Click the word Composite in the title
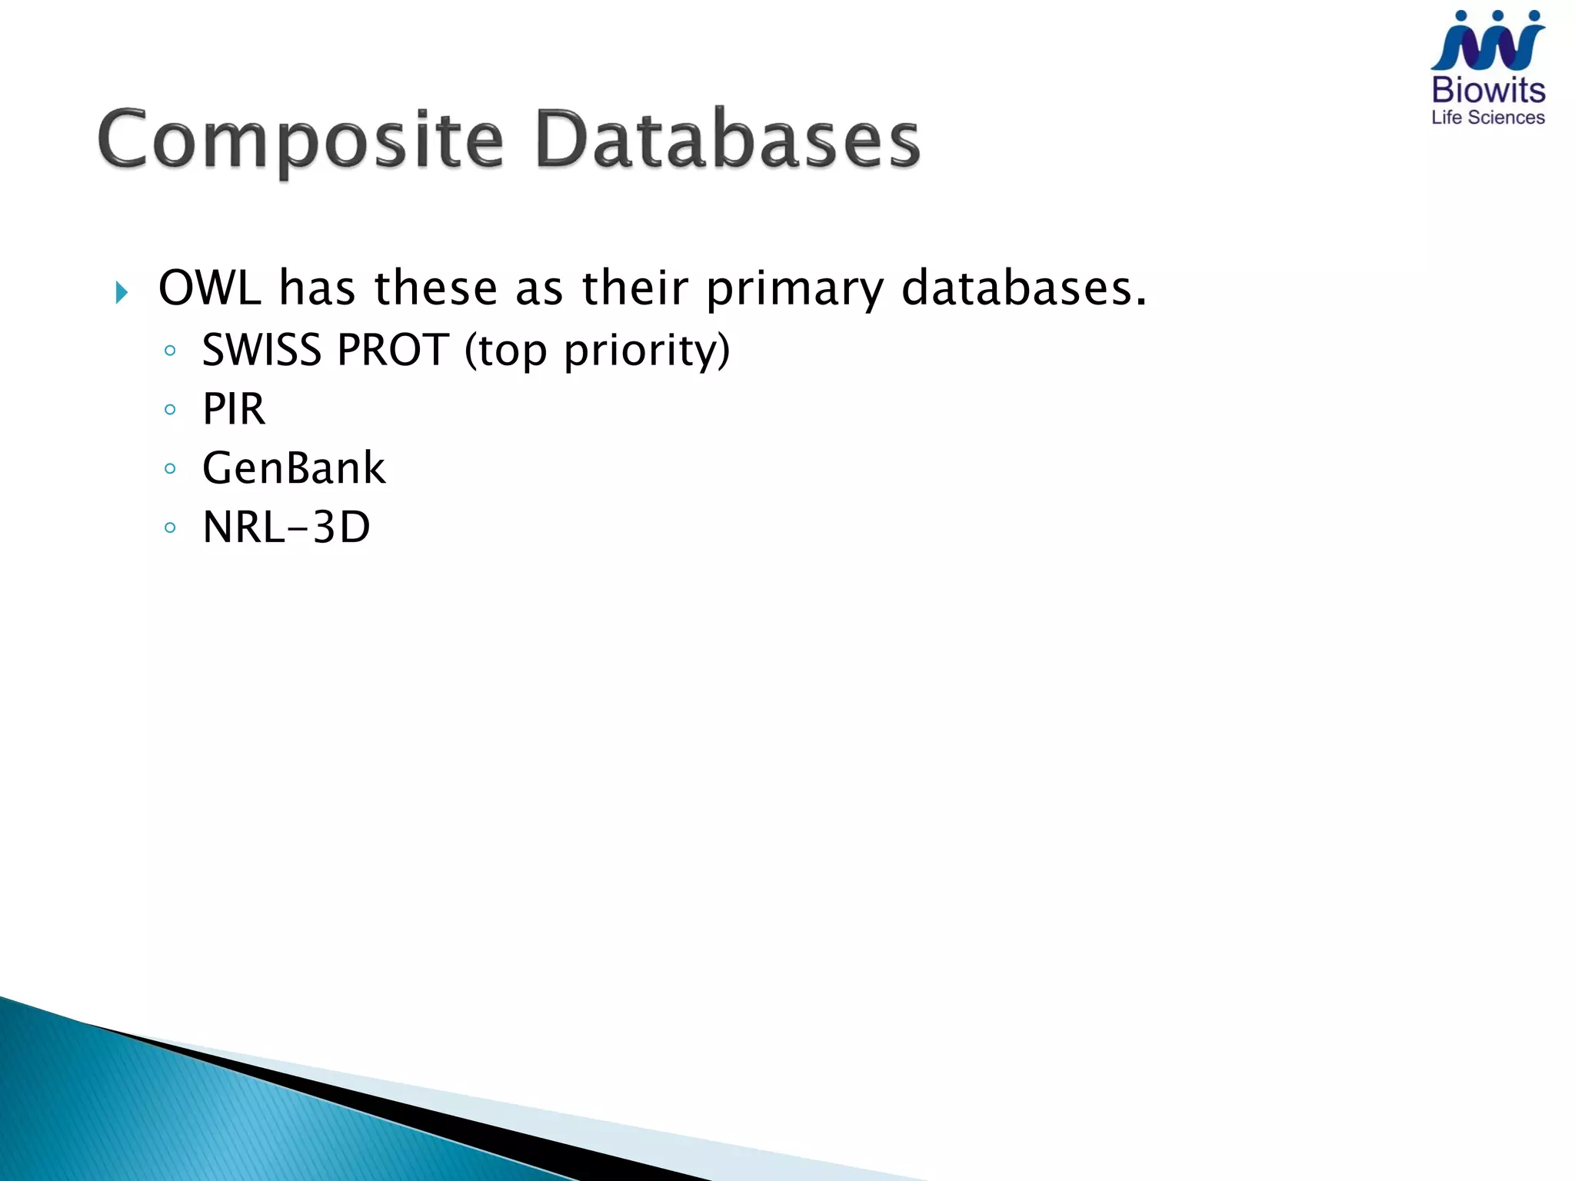[x=301, y=140]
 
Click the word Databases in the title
[x=727, y=140]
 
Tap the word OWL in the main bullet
[x=209, y=288]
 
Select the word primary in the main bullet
[x=794, y=290]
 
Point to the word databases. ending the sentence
[x=1024, y=288]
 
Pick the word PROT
[x=393, y=350]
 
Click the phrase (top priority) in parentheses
[x=597, y=351]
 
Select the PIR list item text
[x=234, y=409]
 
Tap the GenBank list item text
[x=294, y=468]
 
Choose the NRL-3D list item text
[x=286, y=527]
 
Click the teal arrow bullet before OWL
[x=122, y=292]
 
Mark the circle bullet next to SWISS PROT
[x=170, y=351]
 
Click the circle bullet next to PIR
[x=170, y=410]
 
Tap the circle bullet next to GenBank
[x=170, y=469]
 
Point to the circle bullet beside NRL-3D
[x=170, y=528]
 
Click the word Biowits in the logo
[x=1488, y=91]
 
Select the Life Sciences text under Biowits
[x=1488, y=118]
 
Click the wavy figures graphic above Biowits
[x=1488, y=42]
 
